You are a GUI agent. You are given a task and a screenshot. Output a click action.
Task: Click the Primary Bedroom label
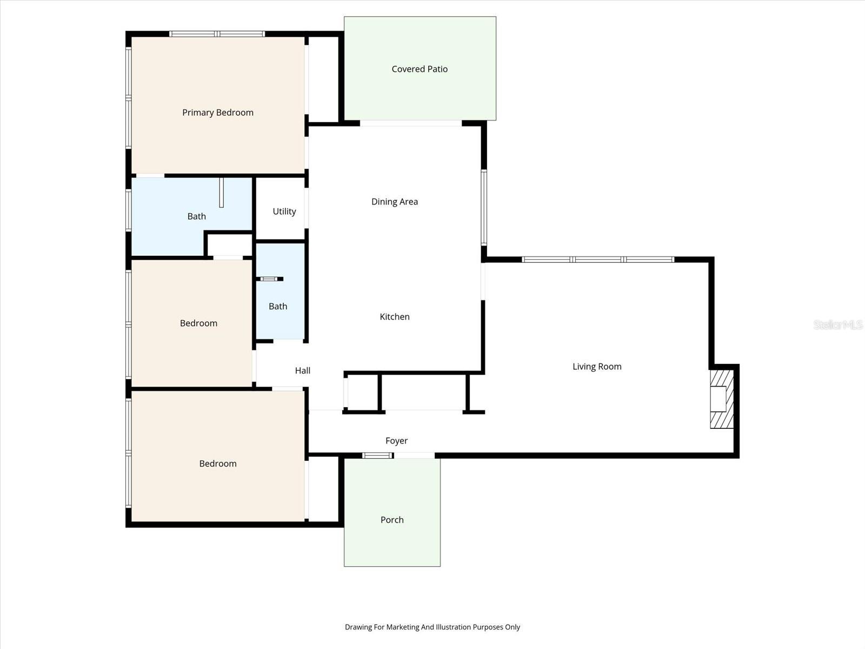[x=217, y=112]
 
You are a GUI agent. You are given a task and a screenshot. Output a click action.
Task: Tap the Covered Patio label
[x=420, y=69]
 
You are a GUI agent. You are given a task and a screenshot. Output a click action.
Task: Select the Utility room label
[x=284, y=211]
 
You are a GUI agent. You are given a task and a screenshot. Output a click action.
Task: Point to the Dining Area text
[x=394, y=202]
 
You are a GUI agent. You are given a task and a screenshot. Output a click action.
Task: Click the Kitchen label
[x=394, y=317]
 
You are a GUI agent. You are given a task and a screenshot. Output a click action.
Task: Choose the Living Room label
[x=597, y=367]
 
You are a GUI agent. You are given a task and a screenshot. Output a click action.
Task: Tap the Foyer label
[x=396, y=441]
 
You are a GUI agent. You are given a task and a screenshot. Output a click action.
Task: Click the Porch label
[x=392, y=520]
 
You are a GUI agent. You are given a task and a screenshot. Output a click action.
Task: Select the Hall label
[x=302, y=370]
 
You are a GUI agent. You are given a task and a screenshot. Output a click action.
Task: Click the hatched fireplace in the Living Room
[x=721, y=399]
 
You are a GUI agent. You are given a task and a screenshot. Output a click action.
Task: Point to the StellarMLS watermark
[x=837, y=325]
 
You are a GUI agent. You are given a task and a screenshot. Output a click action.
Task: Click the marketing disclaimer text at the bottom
[x=432, y=627]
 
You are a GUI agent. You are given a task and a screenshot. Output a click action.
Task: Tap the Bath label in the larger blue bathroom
[x=196, y=216]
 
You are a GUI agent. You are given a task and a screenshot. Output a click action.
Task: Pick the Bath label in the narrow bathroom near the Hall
[x=278, y=306]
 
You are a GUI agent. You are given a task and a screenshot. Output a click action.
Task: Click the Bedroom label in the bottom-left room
[x=217, y=463]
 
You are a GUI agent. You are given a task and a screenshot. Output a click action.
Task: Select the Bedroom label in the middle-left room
[x=198, y=323]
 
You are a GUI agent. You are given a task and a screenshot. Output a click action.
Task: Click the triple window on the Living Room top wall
[x=598, y=260]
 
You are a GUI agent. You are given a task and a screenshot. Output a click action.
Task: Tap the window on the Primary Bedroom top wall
[x=217, y=34]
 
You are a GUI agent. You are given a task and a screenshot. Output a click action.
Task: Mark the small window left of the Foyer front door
[x=377, y=455]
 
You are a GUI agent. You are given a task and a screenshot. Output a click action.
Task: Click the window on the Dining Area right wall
[x=484, y=208]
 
